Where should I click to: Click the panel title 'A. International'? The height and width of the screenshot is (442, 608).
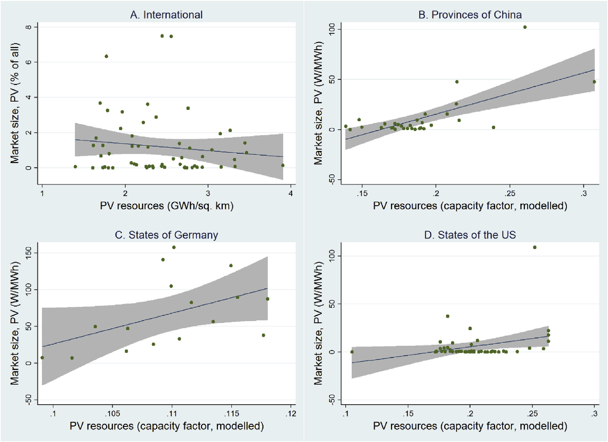tap(166, 15)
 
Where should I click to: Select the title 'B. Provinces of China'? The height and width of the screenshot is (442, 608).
tap(470, 15)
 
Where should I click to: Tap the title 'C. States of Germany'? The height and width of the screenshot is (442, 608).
tap(166, 235)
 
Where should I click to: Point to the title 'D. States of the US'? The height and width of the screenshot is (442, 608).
tap(470, 235)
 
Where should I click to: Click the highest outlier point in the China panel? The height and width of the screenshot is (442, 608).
tap(525, 27)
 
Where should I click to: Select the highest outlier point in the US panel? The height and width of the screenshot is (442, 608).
tap(534, 247)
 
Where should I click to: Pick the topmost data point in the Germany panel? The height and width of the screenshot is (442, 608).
tap(174, 247)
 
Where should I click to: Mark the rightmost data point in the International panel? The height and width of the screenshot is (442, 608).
tap(283, 166)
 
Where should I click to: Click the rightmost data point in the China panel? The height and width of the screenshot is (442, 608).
tap(594, 82)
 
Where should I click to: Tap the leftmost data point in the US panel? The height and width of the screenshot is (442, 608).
tap(352, 352)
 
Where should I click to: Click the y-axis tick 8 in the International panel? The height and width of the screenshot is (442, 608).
tap(29, 27)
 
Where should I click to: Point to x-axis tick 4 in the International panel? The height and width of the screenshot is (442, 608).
tap(290, 193)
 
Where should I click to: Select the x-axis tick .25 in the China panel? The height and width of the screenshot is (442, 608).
tap(509, 194)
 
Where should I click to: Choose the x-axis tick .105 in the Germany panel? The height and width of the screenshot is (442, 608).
tap(112, 414)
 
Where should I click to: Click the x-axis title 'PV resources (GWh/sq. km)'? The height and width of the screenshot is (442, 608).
tap(166, 206)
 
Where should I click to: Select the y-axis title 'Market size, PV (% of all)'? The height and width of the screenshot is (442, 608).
tap(15, 103)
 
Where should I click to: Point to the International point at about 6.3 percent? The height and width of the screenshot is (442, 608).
tap(106, 56)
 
